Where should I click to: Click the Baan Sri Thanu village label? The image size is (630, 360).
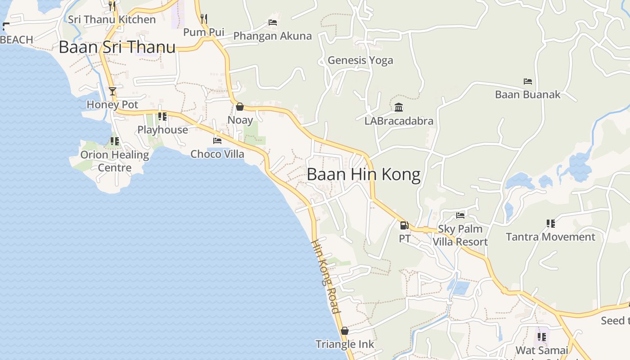[117, 47]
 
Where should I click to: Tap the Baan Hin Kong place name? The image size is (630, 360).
[364, 175]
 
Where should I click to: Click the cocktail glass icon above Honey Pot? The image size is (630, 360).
[112, 91]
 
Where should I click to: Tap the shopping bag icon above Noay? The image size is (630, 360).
[240, 107]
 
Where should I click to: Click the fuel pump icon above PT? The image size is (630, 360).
[404, 225]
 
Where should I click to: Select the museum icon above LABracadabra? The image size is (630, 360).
[399, 108]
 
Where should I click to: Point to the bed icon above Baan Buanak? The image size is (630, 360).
[528, 81]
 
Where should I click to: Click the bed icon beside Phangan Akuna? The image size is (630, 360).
[273, 22]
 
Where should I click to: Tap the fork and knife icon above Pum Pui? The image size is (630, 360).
[204, 18]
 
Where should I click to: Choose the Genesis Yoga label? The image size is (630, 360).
[360, 60]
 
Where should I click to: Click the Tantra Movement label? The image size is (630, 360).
[550, 237]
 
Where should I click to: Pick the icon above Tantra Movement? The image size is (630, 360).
[550, 223]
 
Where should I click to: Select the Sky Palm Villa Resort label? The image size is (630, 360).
[460, 235]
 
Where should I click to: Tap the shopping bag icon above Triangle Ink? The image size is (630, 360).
[345, 331]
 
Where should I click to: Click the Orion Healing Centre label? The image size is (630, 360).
[115, 161]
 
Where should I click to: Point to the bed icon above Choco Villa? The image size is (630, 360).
[217, 140]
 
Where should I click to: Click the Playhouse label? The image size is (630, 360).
[162, 130]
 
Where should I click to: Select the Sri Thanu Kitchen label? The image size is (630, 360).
[112, 19]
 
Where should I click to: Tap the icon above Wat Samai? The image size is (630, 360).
[542, 337]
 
